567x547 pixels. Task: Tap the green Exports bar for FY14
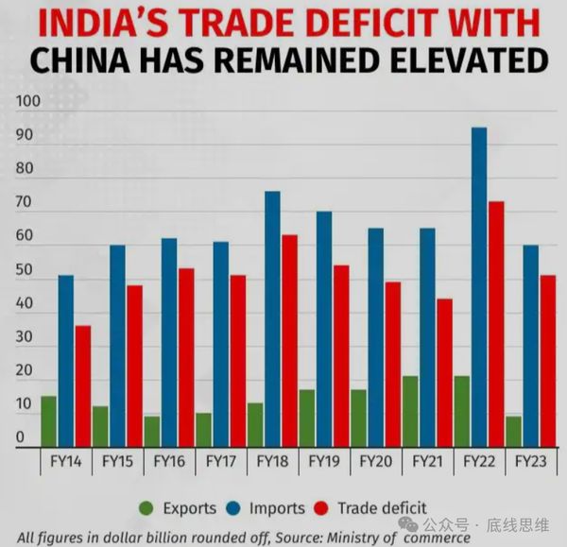(48, 420)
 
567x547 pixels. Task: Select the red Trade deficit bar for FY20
(392, 363)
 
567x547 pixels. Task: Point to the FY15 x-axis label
(117, 463)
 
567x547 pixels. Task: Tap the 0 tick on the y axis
(19, 437)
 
